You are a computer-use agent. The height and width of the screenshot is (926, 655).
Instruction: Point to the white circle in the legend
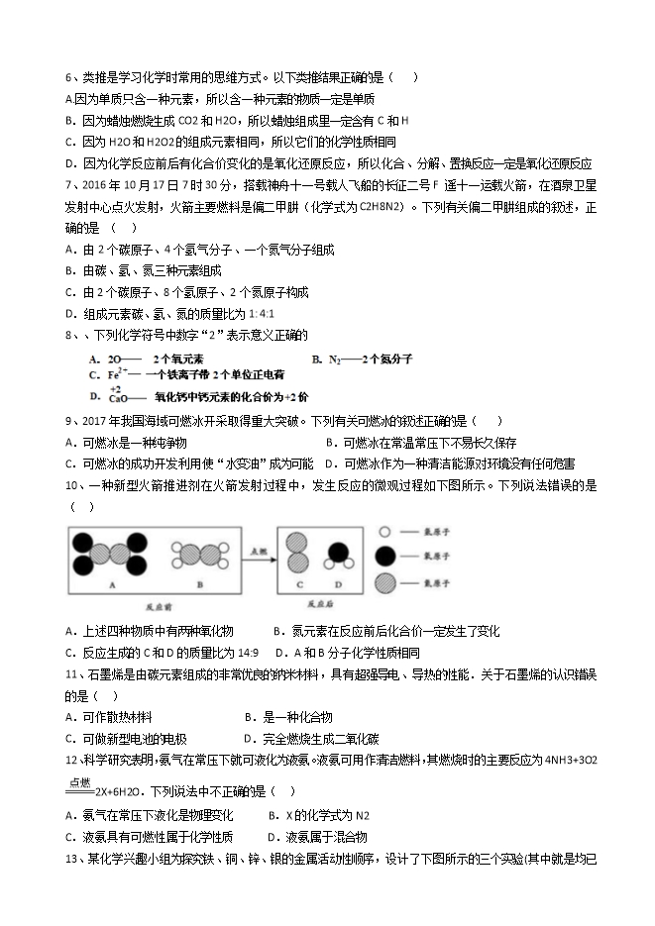pyautogui.click(x=385, y=532)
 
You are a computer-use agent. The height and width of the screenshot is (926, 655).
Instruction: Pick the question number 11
pyautogui.click(x=71, y=675)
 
